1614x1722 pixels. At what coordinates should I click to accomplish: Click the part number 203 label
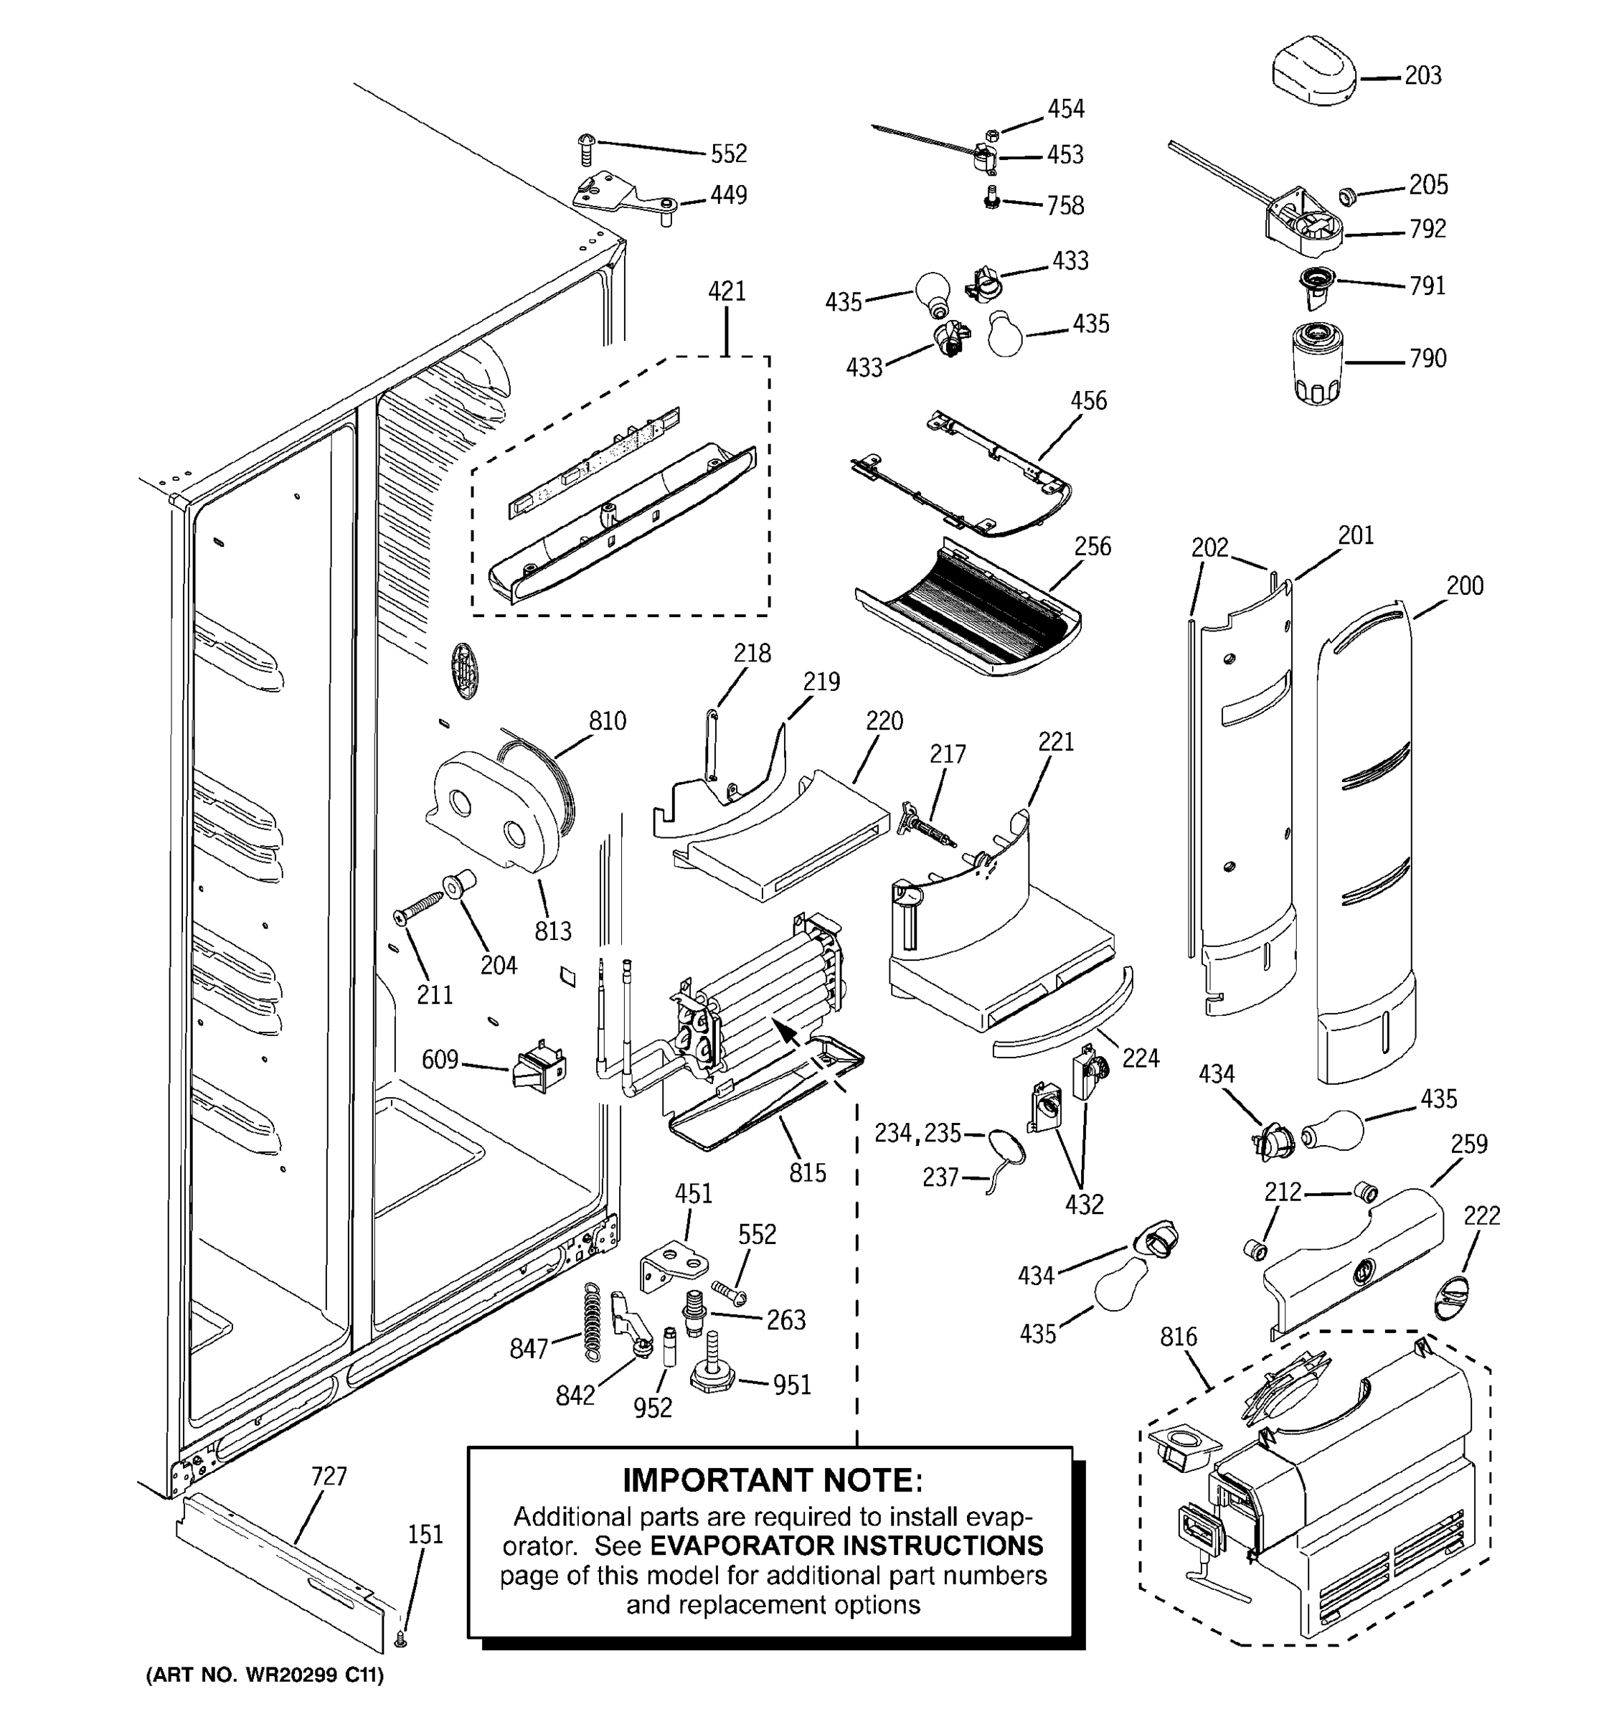pos(1422,76)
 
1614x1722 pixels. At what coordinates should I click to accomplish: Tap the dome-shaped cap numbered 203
pos(1313,71)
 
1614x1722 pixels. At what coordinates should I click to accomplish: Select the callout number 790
pos(1427,359)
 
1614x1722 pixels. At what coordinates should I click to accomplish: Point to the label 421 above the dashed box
pos(727,291)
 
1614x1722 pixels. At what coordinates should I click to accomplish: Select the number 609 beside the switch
pos(440,1059)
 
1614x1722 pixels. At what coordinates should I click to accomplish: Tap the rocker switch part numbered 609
pos(540,1071)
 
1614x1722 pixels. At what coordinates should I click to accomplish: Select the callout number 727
pos(329,1476)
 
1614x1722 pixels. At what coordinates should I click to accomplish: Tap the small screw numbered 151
pos(400,1639)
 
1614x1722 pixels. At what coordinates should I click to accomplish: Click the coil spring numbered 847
pos(590,1320)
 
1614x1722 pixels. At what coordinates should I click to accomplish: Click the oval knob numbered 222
pos(1452,1297)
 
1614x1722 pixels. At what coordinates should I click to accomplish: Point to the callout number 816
pos(1179,1337)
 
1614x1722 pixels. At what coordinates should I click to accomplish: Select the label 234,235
pos(918,1133)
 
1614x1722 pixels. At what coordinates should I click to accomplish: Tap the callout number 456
pos(1088,401)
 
